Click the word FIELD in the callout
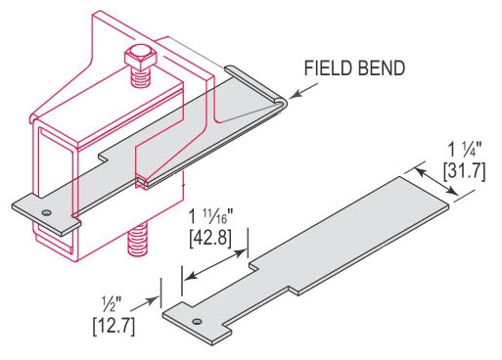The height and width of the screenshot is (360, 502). tap(328, 68)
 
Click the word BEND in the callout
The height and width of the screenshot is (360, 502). tap(382, 68)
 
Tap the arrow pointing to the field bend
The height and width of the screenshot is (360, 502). tap(303, 90)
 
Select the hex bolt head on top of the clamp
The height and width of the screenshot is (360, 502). tap(141, 59)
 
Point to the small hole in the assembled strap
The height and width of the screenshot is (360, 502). tap(47, 213)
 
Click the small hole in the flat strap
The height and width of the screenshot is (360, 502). tap(197, 322)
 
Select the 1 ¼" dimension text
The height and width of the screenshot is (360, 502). tap(464, 151)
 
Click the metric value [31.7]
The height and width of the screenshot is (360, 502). tap(464, 171)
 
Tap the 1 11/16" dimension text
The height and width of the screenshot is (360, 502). tap(211, 217)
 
